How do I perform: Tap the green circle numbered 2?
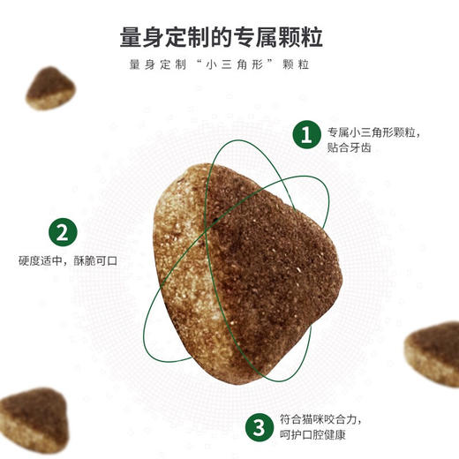point(61,234)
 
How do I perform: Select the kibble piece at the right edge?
point(435,352)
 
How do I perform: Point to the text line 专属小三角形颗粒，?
point(373,132)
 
